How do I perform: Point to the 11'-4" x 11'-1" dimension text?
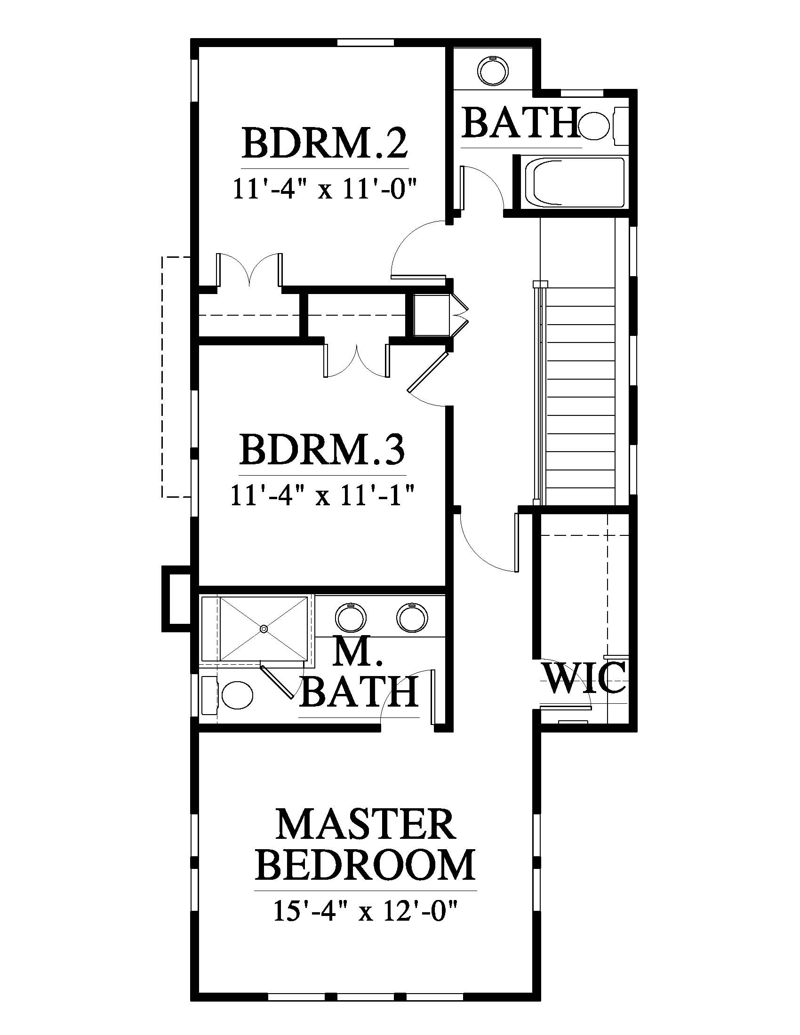pos(323,496)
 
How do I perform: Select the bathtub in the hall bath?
pos(575,183)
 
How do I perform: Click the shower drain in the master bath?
pos(264,629)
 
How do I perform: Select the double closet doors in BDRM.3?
pos(356,361)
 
